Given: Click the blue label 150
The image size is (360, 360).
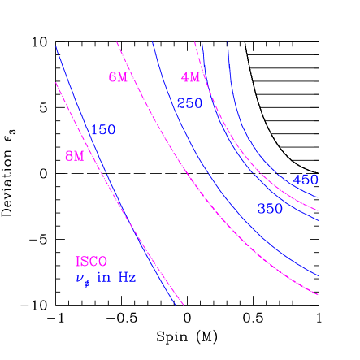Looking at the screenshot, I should tap(103, 130).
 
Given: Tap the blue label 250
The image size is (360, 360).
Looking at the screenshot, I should tap(189, 103).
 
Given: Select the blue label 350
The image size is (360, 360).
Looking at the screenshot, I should tap(270, 209).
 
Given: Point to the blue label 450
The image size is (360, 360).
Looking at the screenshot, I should tap(306, 180).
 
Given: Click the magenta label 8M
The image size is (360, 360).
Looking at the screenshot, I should tap(74, 156).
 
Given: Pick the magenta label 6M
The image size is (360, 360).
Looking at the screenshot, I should tap(118, 77).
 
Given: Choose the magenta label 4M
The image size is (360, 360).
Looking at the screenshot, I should tap(190, 78).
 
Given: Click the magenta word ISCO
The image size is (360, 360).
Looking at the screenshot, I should tap(91, 262).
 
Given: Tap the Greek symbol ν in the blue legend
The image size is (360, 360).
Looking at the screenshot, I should tap(80, 279).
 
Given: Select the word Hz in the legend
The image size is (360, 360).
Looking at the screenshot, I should tap(127, 278).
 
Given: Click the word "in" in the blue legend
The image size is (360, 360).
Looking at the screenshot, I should tap(103, 278).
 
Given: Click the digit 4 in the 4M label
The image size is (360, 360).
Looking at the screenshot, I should tap(185, 78).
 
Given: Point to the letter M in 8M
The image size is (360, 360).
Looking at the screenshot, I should tap(78, 156).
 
